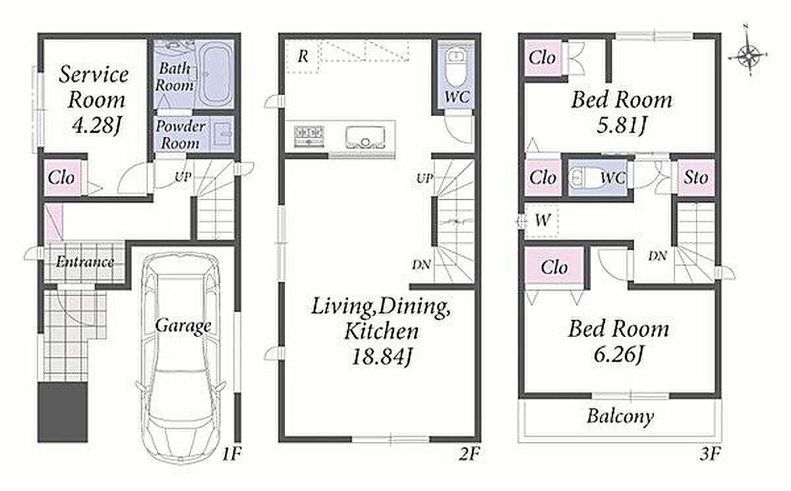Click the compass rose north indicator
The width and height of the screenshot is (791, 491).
click(x=748, y=55)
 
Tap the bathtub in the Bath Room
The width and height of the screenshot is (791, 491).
click(x=215, y=74)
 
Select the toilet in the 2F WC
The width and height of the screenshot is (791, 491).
click(x=456, y=68)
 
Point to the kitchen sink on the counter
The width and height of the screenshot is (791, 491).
click(x=365, y=138)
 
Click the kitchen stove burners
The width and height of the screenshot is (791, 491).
click(x=309, y=136)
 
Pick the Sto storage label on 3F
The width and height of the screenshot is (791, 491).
click(x=695, y=177)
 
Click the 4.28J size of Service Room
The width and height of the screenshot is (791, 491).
click(x=97, y=125)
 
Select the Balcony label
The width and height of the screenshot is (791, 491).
click(x=620, y=416)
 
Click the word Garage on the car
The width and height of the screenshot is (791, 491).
click(x=183, y=325)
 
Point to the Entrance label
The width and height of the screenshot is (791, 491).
click(x=85, y=261)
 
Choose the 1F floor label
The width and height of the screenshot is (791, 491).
click(x=231, y=453)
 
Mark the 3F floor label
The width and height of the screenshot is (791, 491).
click(x=709, y=453)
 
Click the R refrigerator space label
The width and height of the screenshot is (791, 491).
click(x=303, y=56)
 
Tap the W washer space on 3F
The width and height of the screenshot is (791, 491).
click(x=542, y=220)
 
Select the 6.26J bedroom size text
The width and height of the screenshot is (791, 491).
click(x=619, y=354)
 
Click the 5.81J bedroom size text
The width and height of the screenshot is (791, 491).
click(x=622, y=125)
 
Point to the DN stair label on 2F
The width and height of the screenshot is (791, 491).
click(x=421, y=265)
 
